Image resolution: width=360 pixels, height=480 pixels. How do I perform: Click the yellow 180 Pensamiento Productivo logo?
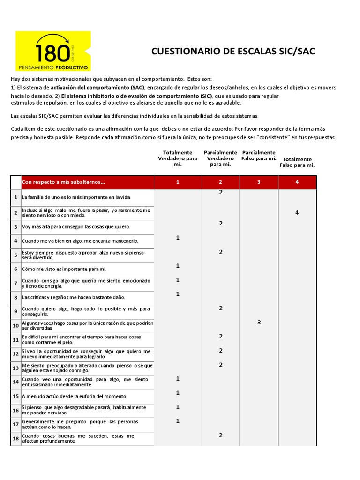(53, 51)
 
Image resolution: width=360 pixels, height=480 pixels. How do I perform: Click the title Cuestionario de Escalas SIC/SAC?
(233, 52)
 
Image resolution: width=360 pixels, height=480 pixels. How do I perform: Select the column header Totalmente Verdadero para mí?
(178, 158)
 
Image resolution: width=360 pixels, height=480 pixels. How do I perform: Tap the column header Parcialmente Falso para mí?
(259, 156)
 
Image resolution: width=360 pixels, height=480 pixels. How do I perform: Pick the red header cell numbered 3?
(259, 182)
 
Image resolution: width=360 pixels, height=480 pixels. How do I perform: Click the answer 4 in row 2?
(297, 213)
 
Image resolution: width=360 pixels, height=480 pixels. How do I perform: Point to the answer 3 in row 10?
(259, 322)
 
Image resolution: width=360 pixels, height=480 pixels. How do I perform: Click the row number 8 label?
(15, 298)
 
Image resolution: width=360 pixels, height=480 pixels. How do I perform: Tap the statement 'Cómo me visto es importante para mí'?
(64, 269)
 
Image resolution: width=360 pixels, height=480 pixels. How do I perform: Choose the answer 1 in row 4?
(178, 238)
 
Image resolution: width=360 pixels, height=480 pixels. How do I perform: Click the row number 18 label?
(15, 439)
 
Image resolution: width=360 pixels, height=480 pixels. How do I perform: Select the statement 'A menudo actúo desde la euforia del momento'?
(74, 396)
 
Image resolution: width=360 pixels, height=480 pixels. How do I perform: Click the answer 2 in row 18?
(220, 435)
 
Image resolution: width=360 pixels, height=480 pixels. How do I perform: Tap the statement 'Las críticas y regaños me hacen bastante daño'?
(74, 297)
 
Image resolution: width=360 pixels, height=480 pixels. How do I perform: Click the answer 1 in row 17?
(178, 421)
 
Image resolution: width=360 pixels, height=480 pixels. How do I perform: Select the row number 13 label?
(15, 368)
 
